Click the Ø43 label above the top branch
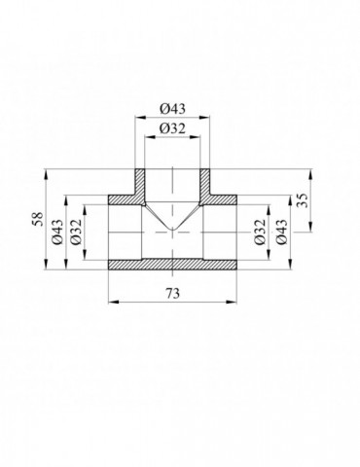coord(172,109)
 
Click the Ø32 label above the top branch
coord(172,129)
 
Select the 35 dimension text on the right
coord(302,200)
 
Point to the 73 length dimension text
coord(172,294)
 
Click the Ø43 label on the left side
coord(57,232)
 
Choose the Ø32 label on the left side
coord(76,232)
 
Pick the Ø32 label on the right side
coord(260,232)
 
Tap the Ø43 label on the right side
coord(281,232)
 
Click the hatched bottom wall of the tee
coord(172,265)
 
